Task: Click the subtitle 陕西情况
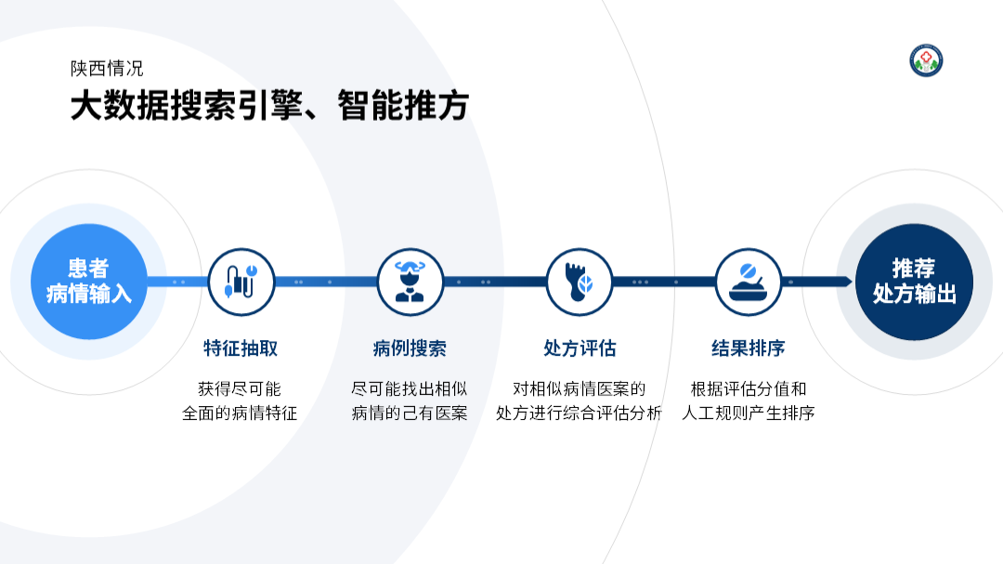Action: (107, 69)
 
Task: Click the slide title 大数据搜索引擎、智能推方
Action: (269, 106)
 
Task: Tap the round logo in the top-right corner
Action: (926, 60)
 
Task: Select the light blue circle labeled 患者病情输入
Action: (89, 282)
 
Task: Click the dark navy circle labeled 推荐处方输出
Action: (914, 282)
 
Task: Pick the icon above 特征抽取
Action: (241, 282)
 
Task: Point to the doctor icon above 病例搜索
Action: (410, 282)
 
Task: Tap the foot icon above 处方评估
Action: (579, 282)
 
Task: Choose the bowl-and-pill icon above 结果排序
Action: (748, 282)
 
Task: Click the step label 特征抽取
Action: (241, 348)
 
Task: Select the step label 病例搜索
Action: (410, 348)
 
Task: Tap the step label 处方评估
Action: (580, 348)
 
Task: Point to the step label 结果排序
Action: (748, 348)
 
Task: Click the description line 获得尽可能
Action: (240, 388)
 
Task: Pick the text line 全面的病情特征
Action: (240, 413)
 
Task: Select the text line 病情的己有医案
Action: (410, 413)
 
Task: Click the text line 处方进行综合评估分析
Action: (579, 413)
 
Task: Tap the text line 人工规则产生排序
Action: (748, 413)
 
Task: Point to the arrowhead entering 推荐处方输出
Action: (848, 282)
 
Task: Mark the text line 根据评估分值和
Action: (749, 388)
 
